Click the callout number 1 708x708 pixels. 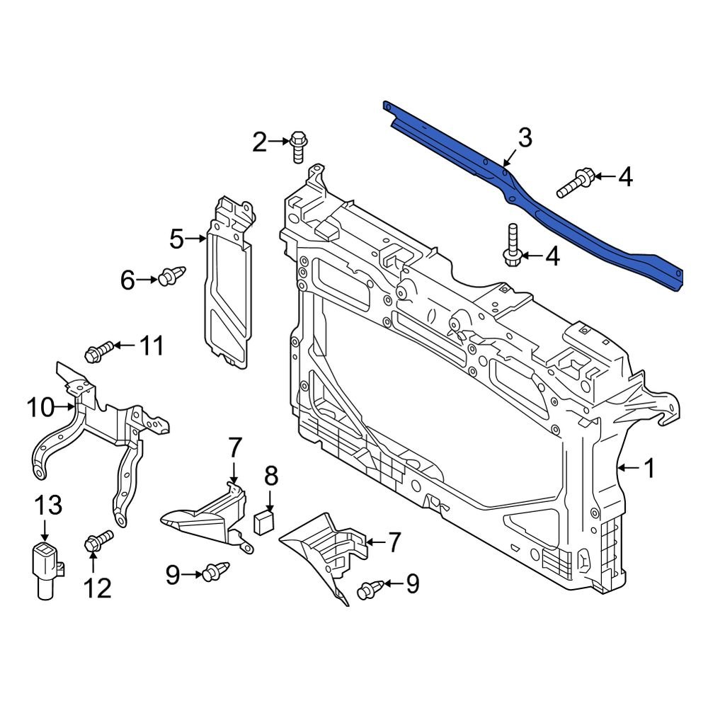(x=649, y=468)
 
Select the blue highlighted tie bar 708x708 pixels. (x=538, y=205)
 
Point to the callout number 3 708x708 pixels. (x=524, y=139)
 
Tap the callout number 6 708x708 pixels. (x=127, y=281)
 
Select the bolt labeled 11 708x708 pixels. (x=99, y=350)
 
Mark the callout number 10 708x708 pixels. (x=40, y=407)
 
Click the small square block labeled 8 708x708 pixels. (x=263, y=522)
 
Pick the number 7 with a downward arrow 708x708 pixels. (x=235, y=447)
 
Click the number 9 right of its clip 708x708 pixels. (x=412, y=583)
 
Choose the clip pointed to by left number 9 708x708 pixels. (x=212, y=572)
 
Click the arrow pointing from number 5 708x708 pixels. (x=196, y=240)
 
